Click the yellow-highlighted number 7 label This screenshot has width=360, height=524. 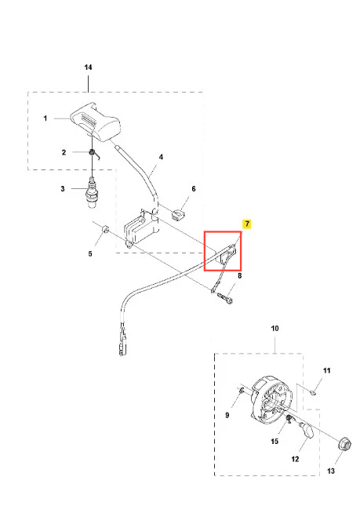(247, 224)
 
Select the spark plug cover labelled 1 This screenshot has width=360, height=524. (95, 122)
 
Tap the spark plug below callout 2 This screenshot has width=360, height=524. (92, 193)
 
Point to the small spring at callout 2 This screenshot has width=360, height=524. (93, 154)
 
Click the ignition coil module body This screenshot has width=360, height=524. (140, 228)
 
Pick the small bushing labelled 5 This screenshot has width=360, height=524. (106, 229)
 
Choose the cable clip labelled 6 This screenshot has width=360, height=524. (179, 214)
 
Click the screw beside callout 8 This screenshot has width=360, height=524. (225, 297)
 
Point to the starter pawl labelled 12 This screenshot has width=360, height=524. (307, 431)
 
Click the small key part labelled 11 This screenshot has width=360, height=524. (313, 393)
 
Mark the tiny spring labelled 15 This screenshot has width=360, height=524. (288, 419)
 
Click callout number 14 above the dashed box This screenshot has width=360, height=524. (88, 67)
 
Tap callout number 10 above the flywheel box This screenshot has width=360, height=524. (275, 329)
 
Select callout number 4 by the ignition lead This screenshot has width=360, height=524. (161, 157)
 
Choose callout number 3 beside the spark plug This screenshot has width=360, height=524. (63, 189)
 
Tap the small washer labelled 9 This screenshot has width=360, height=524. (242, 389)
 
